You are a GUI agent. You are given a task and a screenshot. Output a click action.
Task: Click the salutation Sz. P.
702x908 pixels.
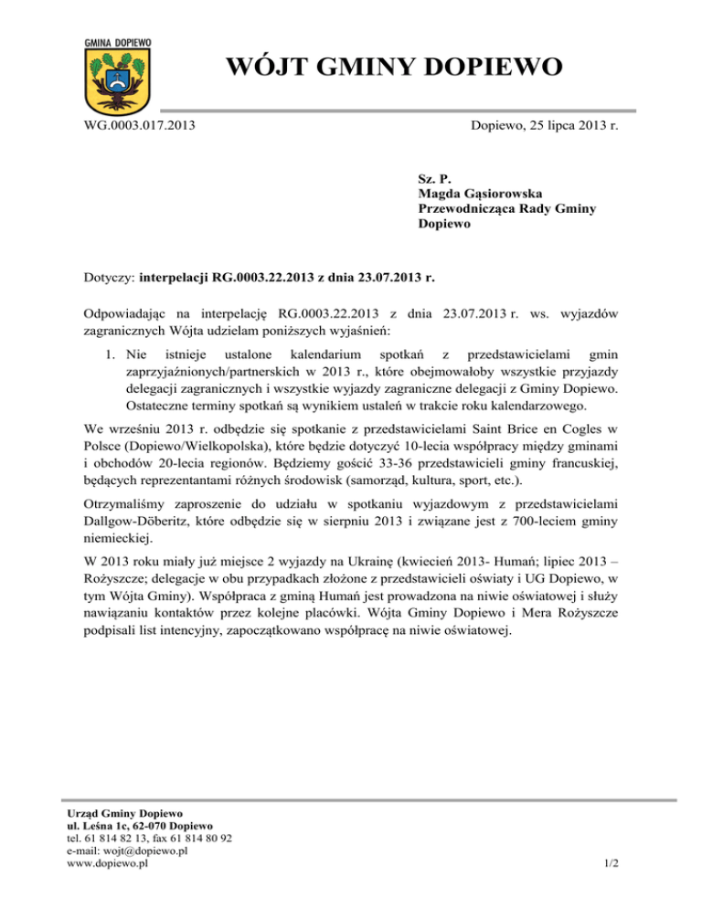click(x=431, y=178)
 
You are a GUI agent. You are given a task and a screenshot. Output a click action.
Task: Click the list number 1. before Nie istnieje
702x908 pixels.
click(x=108, y=354)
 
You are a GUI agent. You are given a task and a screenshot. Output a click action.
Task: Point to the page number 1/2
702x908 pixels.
click(x=611, y=863)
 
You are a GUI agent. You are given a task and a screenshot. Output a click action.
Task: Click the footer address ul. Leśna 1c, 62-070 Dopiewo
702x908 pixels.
click(x=142, y=824)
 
